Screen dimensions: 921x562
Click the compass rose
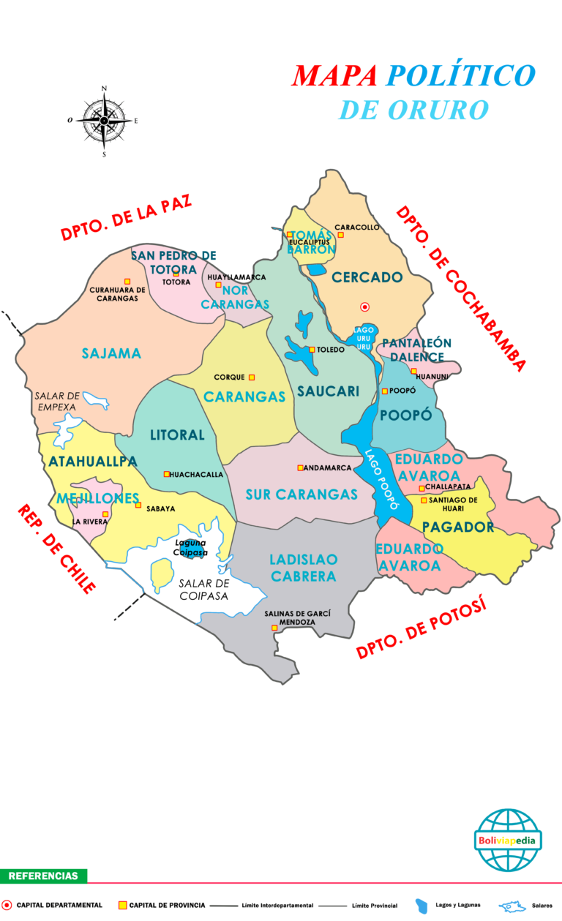click(104, 120)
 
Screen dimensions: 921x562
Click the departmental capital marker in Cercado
click(364, 307)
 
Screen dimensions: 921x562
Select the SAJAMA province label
click(111, 354)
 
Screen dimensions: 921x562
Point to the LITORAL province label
click(177, 435)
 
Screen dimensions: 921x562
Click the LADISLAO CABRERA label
click(304, 568)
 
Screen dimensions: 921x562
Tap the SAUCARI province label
click(328, 392)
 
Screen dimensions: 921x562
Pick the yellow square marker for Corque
click(252, 377)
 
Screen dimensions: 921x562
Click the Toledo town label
click(330, 350)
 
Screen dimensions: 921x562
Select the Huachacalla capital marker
click(167, 474)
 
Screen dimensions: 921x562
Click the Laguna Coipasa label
click(191, 547)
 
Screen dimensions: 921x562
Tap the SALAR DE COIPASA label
click(203, 590)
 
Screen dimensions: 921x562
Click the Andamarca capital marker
click(300, 467)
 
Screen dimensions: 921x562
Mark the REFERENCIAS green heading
click(43, 876)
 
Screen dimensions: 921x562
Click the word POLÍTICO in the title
click(461, 75)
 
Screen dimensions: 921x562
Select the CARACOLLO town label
click(357, 227)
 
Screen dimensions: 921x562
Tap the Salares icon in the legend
click(512, 906)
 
